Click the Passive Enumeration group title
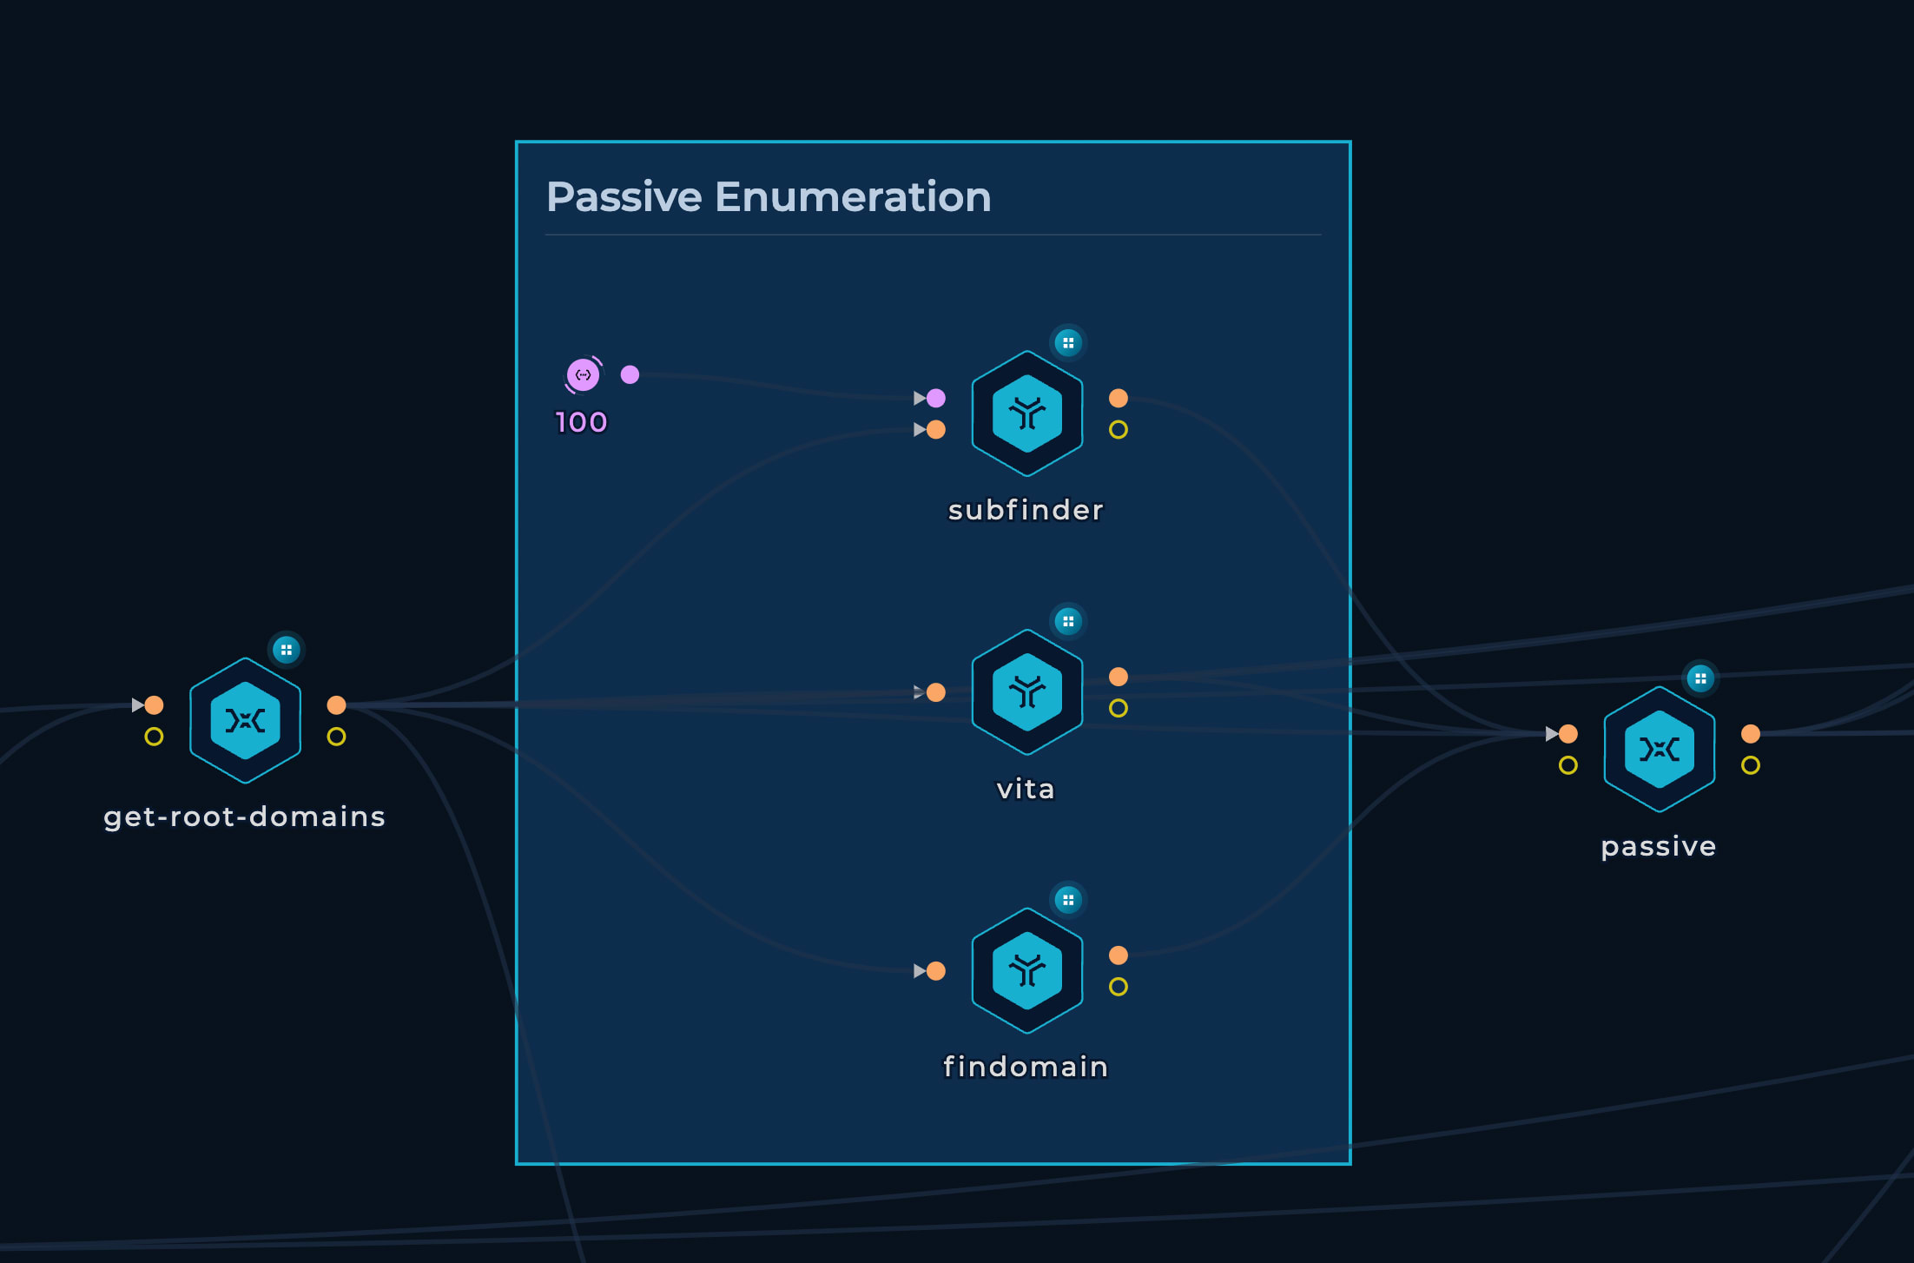769,197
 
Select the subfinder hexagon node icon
1027,413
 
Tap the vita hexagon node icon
1027,692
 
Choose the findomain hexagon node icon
1027,970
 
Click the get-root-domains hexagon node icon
246,721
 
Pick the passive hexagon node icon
1660,750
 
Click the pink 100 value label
581,423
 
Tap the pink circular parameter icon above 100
584,375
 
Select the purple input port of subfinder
936,398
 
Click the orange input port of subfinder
936,429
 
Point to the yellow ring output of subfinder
1119,430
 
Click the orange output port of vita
1119,677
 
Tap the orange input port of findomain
936,970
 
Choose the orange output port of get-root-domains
336,704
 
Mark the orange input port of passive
1568,734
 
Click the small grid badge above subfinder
1068,343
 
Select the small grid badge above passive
1700,678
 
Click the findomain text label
1026,1067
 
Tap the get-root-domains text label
244,817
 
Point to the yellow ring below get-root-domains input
154,737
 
